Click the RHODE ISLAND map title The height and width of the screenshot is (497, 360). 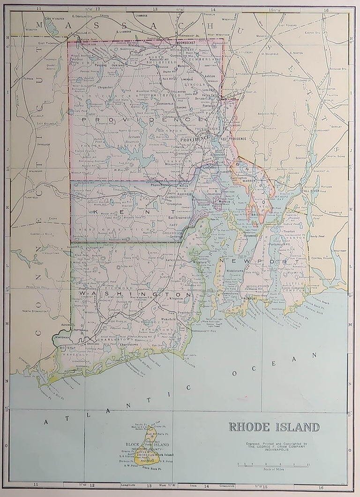tap(274, 427)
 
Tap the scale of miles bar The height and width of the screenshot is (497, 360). tap(273, 466)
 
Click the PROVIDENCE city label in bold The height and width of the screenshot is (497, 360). tap(193, 139)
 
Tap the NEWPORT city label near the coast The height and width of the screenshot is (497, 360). tap(251, 298)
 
